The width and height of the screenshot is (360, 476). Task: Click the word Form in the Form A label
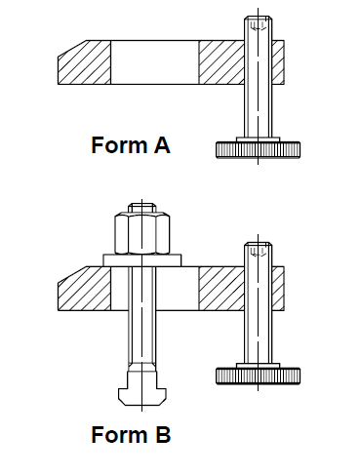pos(119,145)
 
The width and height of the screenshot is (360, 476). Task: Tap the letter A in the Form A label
pos(162,145)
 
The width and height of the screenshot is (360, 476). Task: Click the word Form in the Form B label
pos(119,434)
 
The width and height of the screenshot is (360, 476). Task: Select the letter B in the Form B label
pos(163,434)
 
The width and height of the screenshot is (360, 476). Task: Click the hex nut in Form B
pos(142,233)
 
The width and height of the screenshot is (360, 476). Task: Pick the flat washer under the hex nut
pos(142,260)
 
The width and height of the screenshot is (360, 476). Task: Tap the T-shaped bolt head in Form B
pos(142,389)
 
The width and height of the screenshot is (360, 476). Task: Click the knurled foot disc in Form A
pos(259,150)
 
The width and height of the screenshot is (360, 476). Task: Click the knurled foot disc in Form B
pos(259,377)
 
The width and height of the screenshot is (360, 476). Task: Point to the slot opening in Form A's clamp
pos(155,62)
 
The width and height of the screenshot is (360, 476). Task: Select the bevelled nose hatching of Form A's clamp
pos(85,62)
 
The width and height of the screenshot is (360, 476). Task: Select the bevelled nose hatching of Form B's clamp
pos(85,289)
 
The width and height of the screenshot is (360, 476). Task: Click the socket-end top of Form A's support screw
pos(259,23)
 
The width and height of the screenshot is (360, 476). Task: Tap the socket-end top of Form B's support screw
pos(259,250)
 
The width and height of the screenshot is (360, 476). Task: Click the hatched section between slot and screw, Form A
pos(221,62)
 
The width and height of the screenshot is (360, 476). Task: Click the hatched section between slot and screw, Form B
pos(221,289)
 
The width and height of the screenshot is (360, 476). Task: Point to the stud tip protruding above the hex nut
pos(142,208)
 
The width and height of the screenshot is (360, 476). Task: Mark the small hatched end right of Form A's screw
pos(278,62)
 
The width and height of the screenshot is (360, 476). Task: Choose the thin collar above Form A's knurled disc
pos(259,139)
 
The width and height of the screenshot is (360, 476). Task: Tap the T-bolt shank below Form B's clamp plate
pos(142,337)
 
